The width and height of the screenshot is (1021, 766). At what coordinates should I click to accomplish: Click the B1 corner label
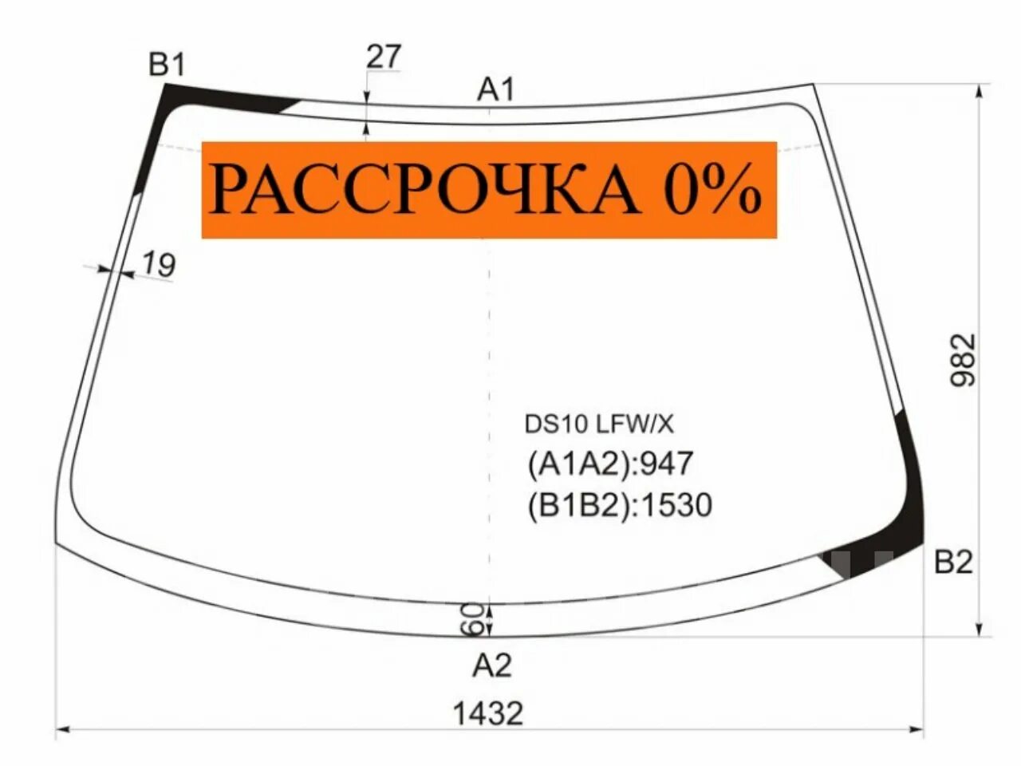pos(167,65)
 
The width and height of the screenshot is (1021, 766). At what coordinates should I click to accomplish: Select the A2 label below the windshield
pos(491,665)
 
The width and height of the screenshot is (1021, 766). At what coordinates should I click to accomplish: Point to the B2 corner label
pos(954,563)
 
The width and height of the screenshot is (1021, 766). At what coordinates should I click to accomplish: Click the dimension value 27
pos(384,57)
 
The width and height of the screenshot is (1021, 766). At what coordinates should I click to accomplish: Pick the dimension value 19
pos(159,264)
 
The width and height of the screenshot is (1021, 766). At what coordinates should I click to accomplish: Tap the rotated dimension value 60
pos(473,618)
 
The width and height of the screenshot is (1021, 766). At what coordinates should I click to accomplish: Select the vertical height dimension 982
pos(963,360)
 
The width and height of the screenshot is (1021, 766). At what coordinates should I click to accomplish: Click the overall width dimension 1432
pos(488,713)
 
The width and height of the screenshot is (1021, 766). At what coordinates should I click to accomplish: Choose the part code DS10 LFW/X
pos(598,424)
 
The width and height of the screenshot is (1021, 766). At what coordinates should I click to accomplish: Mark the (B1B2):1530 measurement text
pos(619,505)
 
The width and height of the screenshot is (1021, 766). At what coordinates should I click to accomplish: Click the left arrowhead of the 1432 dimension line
pos(61,728)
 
